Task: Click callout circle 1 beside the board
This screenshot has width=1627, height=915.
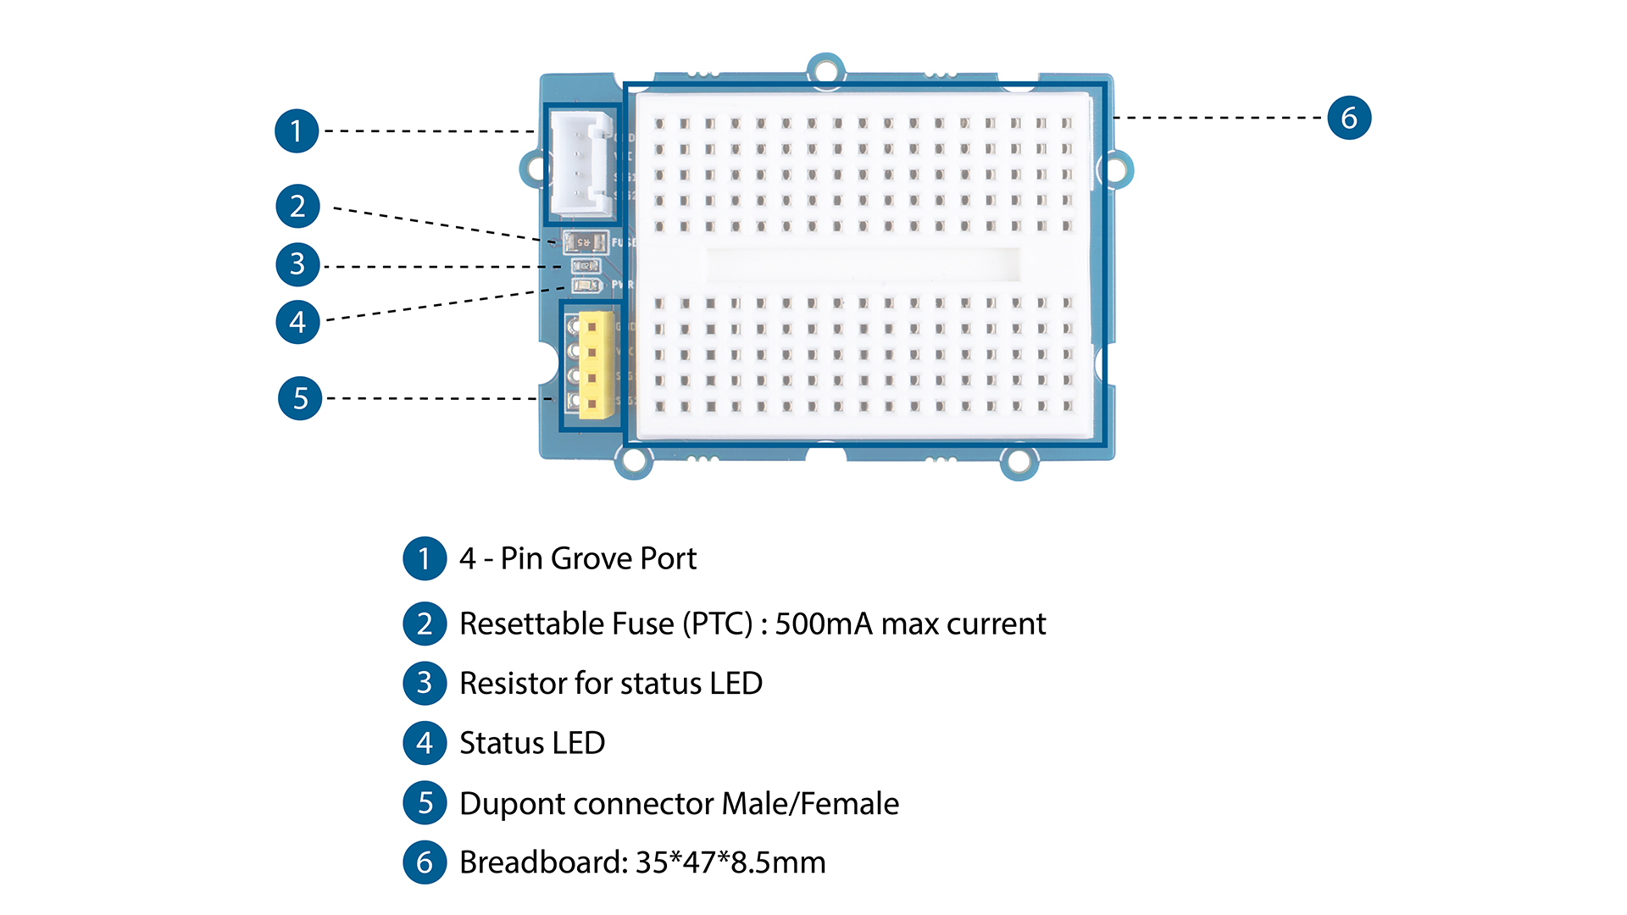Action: [297, 131]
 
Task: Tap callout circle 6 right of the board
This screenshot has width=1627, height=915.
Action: [1349, 118]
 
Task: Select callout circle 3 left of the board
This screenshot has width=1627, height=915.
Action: [297, 264]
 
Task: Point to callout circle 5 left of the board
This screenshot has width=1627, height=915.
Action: [300, 398]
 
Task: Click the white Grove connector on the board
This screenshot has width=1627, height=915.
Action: [580, 164]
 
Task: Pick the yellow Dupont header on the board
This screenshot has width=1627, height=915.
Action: [595, 364]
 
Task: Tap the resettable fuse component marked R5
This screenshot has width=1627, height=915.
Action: [585, 242]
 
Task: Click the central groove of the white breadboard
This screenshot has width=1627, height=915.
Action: [863, 264]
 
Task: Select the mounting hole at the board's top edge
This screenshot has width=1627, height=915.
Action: [825, 70]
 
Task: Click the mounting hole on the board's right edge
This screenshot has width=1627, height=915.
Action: [1117, 169]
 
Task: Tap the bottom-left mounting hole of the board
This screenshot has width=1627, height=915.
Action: [633, 462]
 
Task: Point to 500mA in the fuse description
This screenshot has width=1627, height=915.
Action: [823, 624]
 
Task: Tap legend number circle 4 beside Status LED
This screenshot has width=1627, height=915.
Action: [425, 743]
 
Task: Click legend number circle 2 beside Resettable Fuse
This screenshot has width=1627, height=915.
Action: [425, 624]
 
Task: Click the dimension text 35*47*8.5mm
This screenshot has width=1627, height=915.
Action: [730, 862]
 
